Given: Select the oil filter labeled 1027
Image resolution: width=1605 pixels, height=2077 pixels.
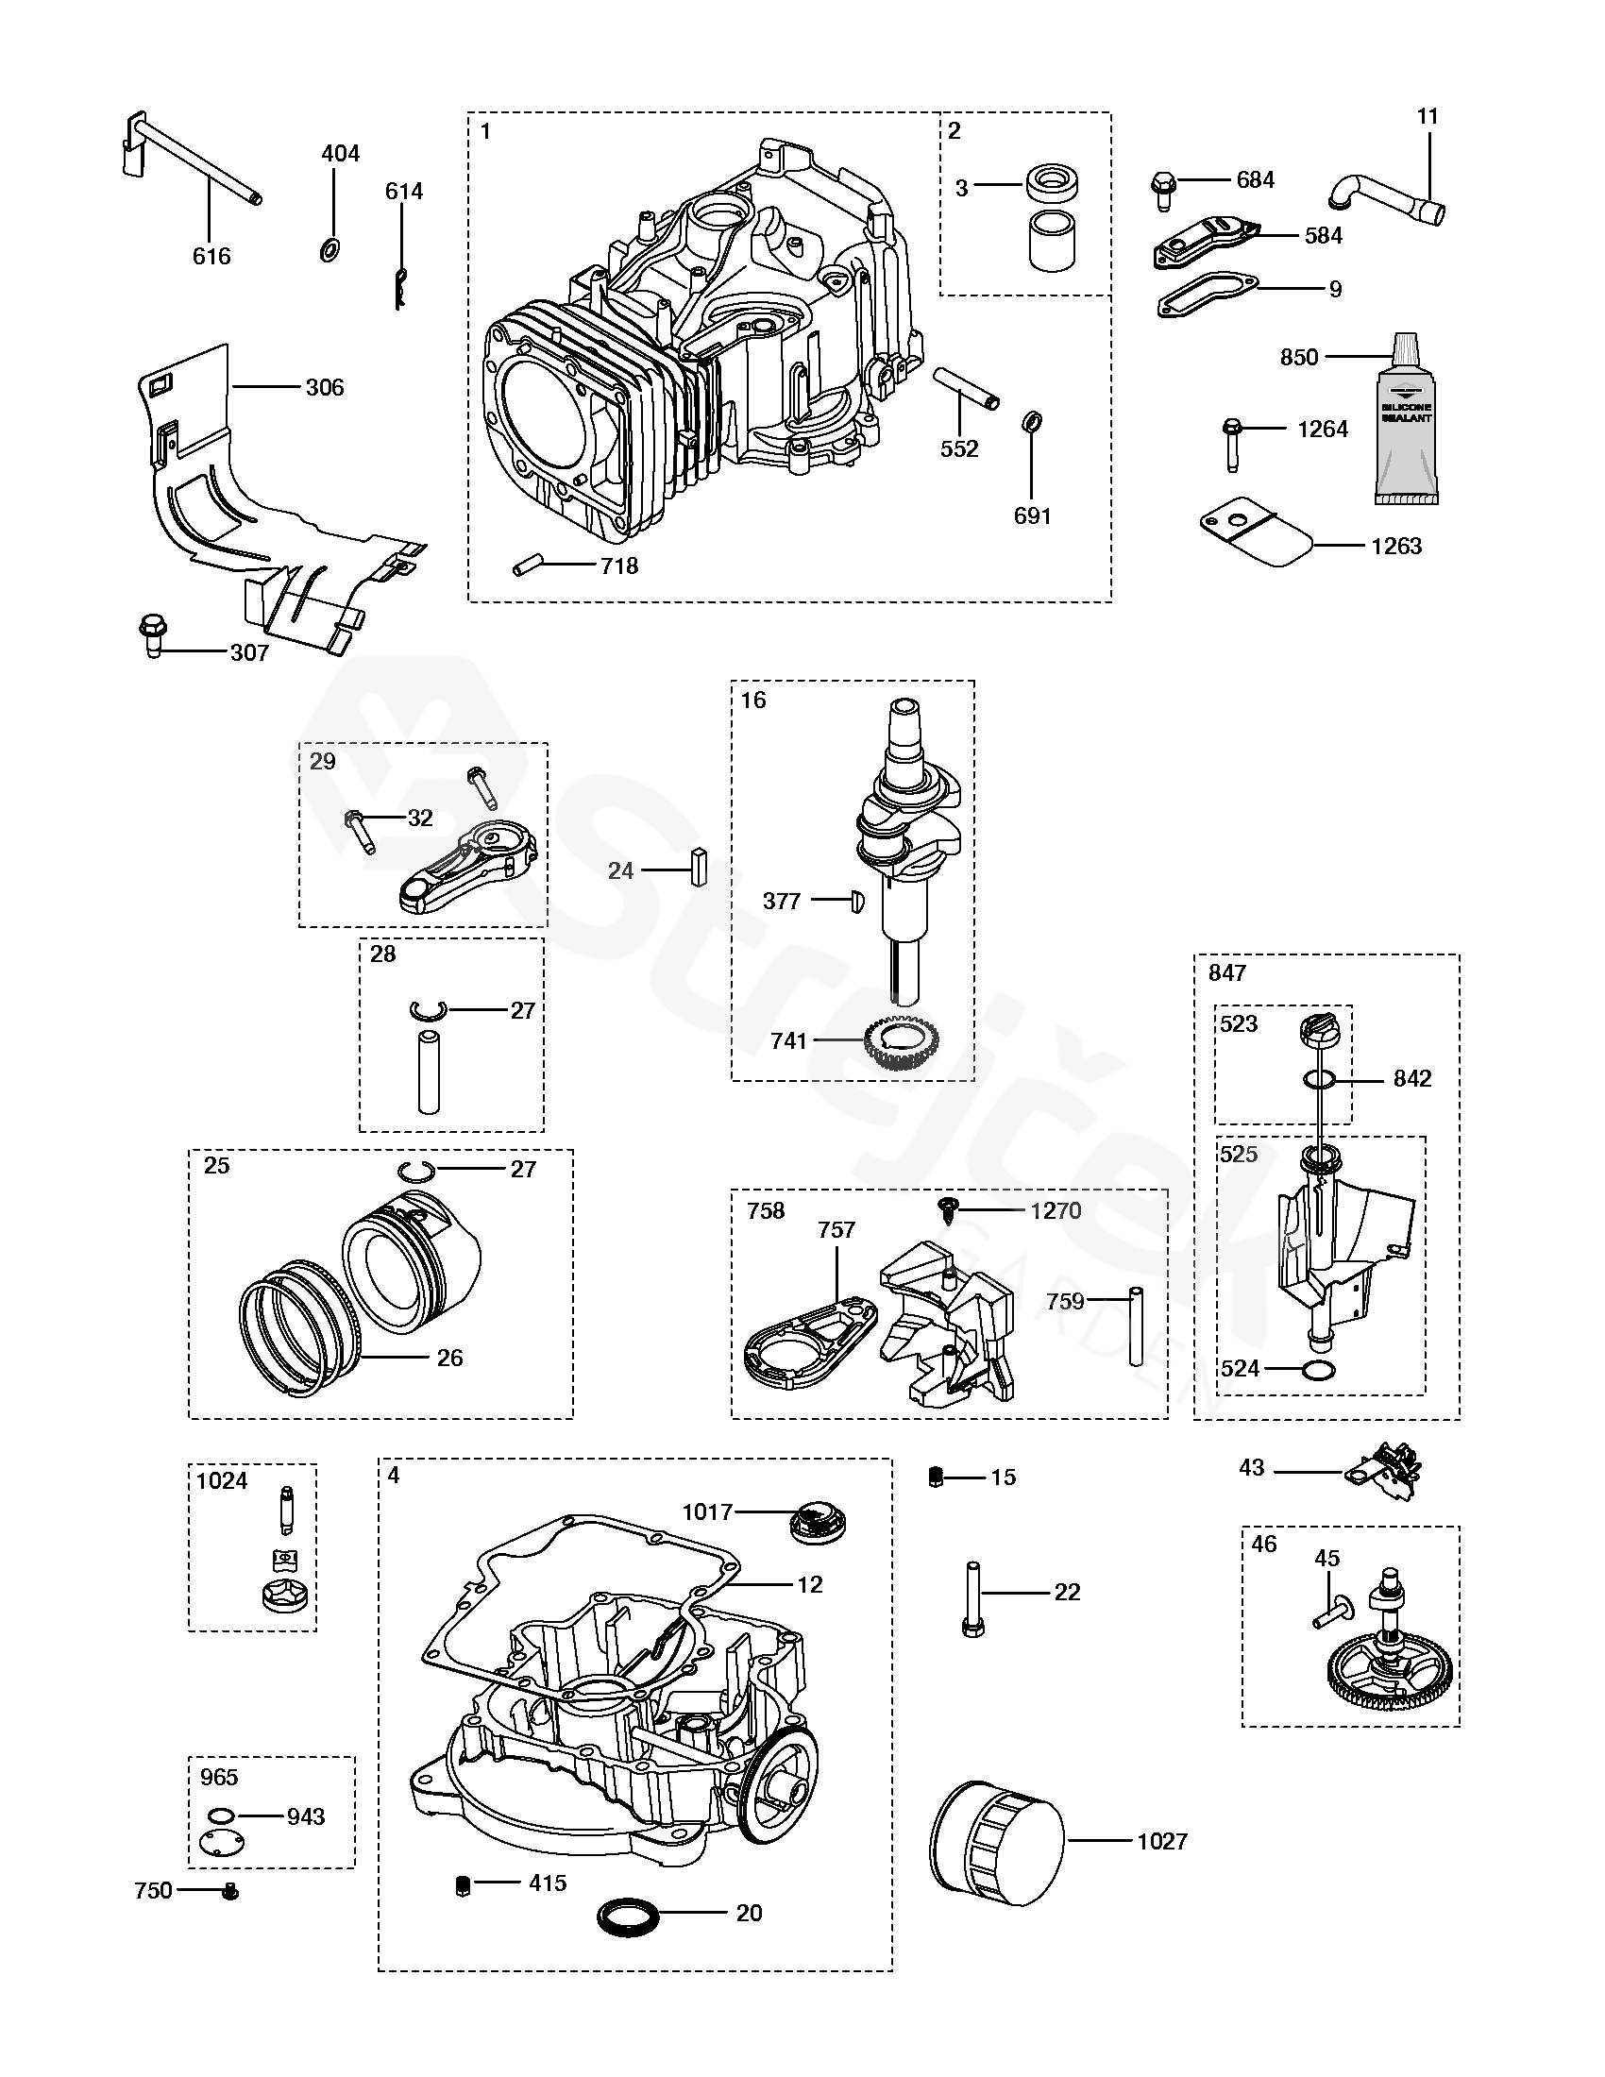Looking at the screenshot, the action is pyautogui.click(x=996, y=1843).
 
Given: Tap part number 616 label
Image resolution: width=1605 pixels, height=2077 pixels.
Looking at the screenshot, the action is pyautogui.click(x=211, y=256).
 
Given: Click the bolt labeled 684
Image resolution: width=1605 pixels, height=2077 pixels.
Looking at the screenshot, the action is pyautogui.click(x=1163, y=190).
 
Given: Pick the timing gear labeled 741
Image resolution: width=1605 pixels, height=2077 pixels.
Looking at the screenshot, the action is pyautogui.click(x=900, y=1045).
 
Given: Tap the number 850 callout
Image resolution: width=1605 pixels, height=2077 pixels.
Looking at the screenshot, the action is pyautogui.click(x=1299, y=357).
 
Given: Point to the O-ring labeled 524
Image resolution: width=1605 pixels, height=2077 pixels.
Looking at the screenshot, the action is pyautogui.click(x=1318, y=1371).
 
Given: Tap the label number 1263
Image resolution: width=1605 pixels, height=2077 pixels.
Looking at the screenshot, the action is pyautogui.click(x=1395, y=546).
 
